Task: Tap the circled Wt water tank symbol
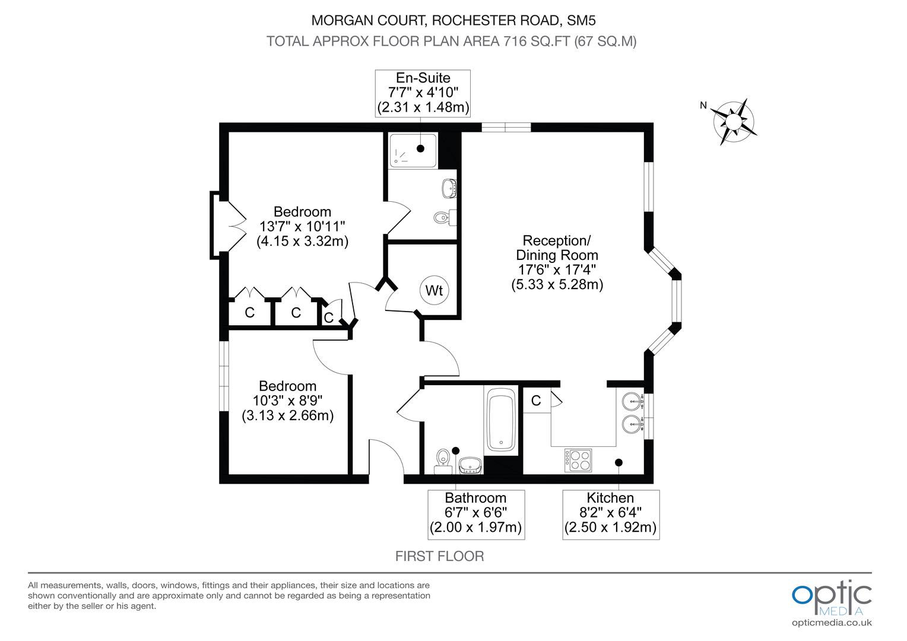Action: (x=435, y=291)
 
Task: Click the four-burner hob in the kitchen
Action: (x=578, y=459)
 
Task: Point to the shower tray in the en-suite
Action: (x=413, y=151)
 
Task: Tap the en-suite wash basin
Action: (x=449, y=189)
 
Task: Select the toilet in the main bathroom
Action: (x=442, y=459)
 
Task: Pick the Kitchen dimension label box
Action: (x=611, y=514)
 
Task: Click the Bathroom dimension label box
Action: (x=475, y=514)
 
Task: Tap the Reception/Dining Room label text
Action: (x=557, y=248)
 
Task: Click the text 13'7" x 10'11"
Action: (x=302, y=227)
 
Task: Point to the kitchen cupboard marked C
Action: (x=536, y=401)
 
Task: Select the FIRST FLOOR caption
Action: (x=439, y=556)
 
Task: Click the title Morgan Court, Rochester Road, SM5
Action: (x=453, y=21)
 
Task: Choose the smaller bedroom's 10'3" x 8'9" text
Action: (x=287, y=401)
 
